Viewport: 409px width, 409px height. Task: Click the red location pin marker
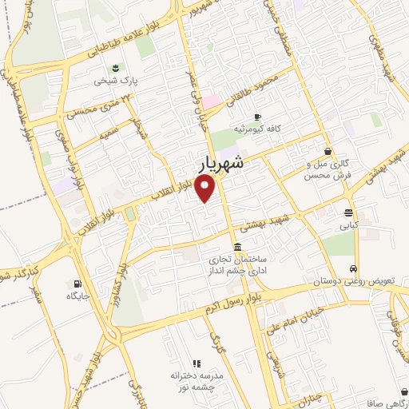pyautogui.click(x=207, y=189)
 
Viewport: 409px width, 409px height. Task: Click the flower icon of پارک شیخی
pyautogui.click(x=117, y=67)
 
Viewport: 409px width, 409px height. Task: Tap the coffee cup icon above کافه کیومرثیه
pyautogui.click(x=258, y=117)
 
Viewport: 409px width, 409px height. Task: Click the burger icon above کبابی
pyautogui.click(x=349, y=213)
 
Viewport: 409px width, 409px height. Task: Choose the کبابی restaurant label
pyautogui.click(x=349, y=226)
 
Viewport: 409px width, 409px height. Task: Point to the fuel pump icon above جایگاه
pyautogui.click(x=77, y=284)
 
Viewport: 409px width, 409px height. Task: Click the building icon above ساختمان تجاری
pyautogui.click(x=237, y=248)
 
